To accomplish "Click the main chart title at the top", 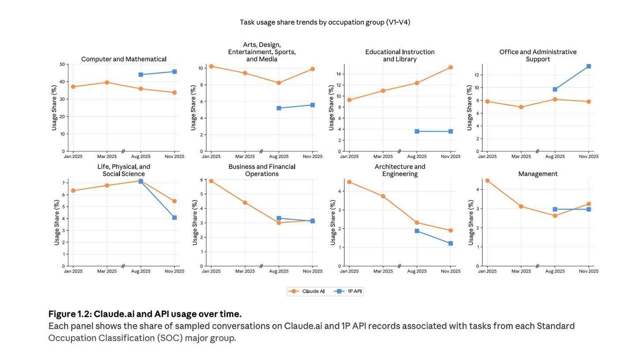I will (325, 22).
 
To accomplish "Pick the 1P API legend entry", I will (349, 291).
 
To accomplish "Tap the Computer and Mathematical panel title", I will (123, 59).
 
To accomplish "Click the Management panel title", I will (537, 174).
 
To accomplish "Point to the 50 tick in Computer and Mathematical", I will (62, 64).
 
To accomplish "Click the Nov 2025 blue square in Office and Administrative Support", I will (589, 66).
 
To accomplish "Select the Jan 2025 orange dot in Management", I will (487, 181).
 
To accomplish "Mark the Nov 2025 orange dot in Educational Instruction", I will (451, 67).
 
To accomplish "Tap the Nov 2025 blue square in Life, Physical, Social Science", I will (175, 217).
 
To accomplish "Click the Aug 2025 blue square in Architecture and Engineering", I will (417, 231).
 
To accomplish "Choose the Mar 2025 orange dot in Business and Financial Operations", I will (245, 202).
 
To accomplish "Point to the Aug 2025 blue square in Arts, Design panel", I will (279, 108).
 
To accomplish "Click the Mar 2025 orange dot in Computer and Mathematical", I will (107, 82).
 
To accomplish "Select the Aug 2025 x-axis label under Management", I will (555, 271).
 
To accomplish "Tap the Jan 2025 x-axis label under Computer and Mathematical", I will (73, 157).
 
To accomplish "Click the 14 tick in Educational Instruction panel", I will (339, 74).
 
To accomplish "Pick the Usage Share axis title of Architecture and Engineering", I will (333, 223).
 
